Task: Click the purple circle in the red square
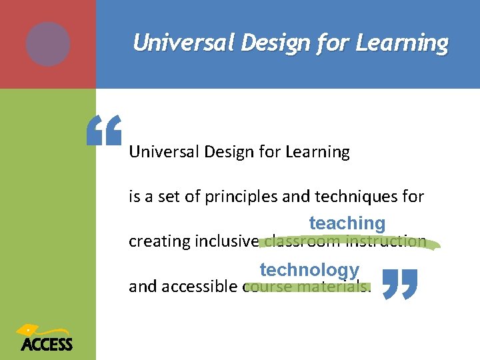(x=48, y=44)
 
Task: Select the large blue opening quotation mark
(x=105, y=130)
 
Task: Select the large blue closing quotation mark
(x=401, y=283)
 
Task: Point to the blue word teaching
(x=347, y=223)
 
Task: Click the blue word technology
(x=309, y=270)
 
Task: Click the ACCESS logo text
(x=46, y=344)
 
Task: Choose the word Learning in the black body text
(x=317, y=152)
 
